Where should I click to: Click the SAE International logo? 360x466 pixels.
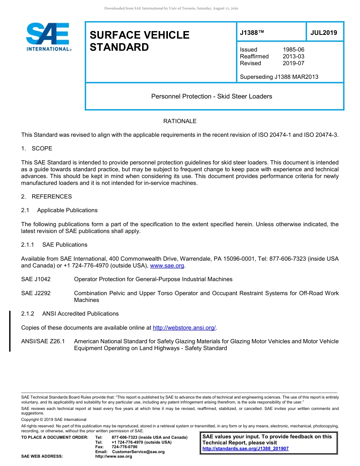point(48,37)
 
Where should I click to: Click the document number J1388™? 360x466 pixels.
point(252,33)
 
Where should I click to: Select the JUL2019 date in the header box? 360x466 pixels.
point(324,33)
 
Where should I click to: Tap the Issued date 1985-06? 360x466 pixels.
point(293,50)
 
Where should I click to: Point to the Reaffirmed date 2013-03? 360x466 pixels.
point(293,56)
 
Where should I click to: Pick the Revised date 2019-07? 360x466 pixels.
point(293,63)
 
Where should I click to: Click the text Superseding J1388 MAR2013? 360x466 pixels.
point(279,77)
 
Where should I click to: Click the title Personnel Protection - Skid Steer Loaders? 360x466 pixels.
point(211,97)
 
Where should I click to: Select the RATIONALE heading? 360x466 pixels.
point(180,121)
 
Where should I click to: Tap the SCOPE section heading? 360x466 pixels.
point(42,149)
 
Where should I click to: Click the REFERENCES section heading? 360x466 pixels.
point(52,197)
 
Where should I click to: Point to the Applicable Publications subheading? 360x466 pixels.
point(67,210)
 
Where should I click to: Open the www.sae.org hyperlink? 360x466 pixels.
point(167,266)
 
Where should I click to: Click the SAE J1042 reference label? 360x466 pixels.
point(36,279)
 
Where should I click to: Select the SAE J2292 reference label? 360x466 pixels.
point(36,293)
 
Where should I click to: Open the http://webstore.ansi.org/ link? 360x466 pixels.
point(184,328)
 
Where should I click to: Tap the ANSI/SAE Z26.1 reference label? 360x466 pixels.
point(43,341)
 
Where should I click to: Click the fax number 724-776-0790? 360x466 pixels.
point(124,447)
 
